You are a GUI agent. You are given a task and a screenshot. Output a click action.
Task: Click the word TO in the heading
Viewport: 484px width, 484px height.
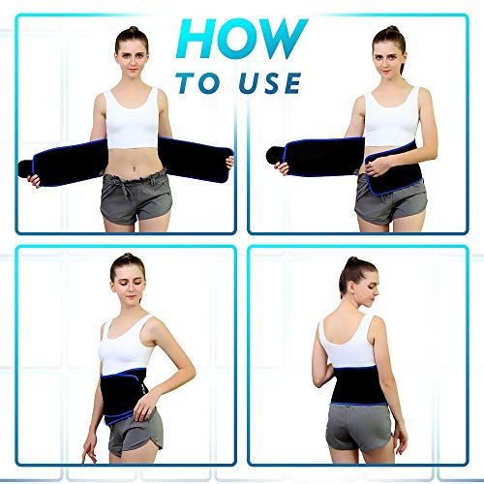[201, 83]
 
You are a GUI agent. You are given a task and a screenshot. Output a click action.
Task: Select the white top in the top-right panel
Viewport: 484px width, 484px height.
[392, 116]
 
